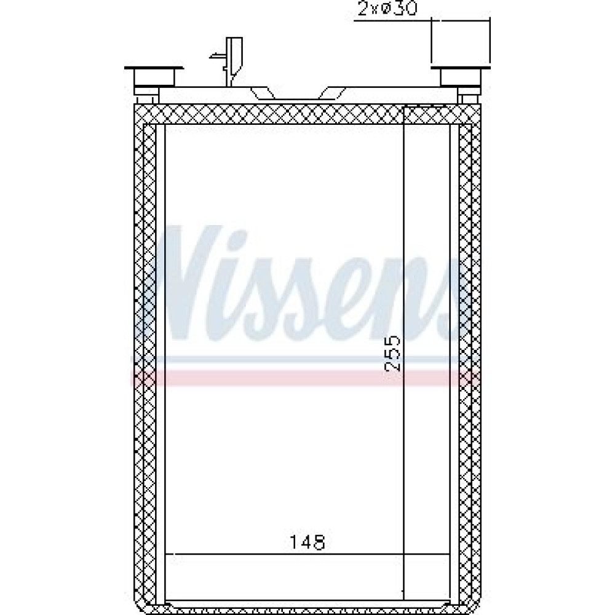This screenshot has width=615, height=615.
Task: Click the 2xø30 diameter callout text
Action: [387, 9]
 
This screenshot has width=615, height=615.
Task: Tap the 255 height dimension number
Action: [392, 353]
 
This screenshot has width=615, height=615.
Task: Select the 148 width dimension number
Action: [307, 542]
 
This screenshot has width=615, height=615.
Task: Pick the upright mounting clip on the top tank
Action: [233, 61]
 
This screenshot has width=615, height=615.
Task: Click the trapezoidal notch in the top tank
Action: [298, 93]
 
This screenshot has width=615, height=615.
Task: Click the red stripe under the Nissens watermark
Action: [305, 378]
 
